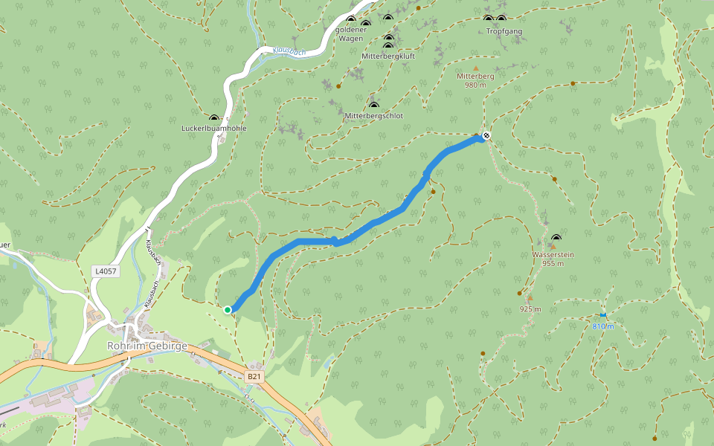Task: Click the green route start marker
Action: point(227,309)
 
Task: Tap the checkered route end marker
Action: point(486,135)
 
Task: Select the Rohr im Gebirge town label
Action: point(147,346)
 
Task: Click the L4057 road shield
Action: point(105,271)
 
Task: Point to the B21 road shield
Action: point(254,377)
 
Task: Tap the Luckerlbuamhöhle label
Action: point(214,129)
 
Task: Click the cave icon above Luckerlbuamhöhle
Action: point(214,117)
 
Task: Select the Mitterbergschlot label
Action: point(373,116)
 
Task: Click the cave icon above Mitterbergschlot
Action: point(373,105)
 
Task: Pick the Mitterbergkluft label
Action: point(387,56)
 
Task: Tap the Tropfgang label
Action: point(504,31)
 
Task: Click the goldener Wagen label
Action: point(351,33)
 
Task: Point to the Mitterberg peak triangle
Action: point(476,68)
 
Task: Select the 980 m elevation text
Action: point(475,85)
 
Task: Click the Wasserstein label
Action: point(553,255)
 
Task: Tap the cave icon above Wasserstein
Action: point(556,238)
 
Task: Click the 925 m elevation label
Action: point(530,308)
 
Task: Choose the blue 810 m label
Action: point(603,326)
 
